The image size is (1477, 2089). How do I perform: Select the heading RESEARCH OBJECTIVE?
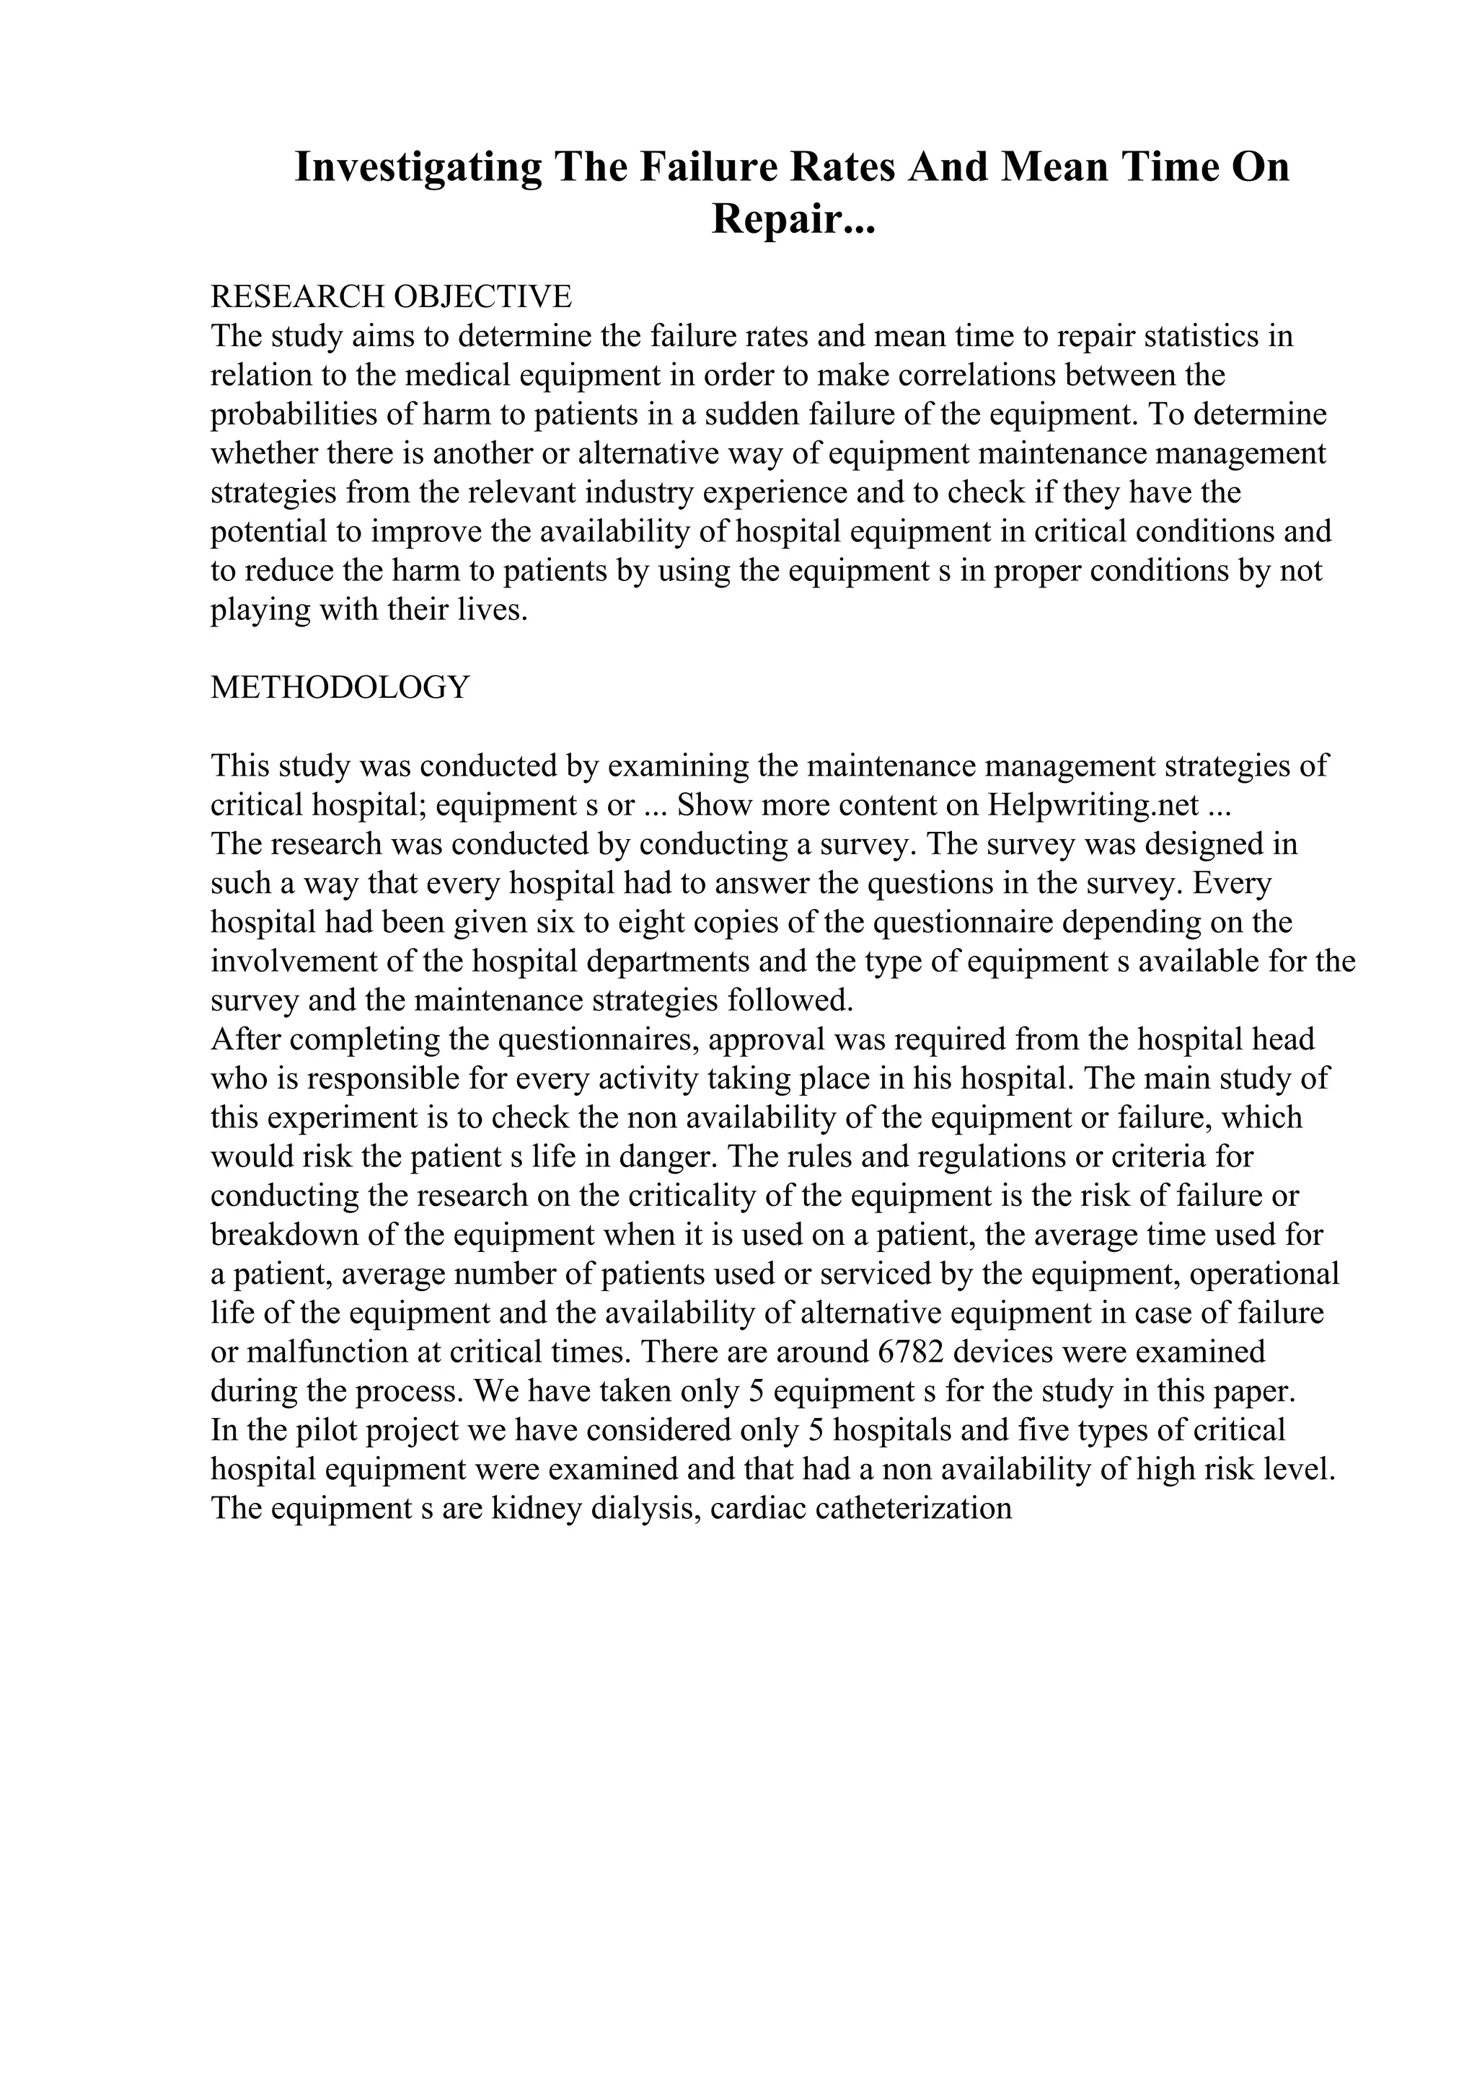[x=392, y=296]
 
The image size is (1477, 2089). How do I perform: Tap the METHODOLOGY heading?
[x=340, y=687]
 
